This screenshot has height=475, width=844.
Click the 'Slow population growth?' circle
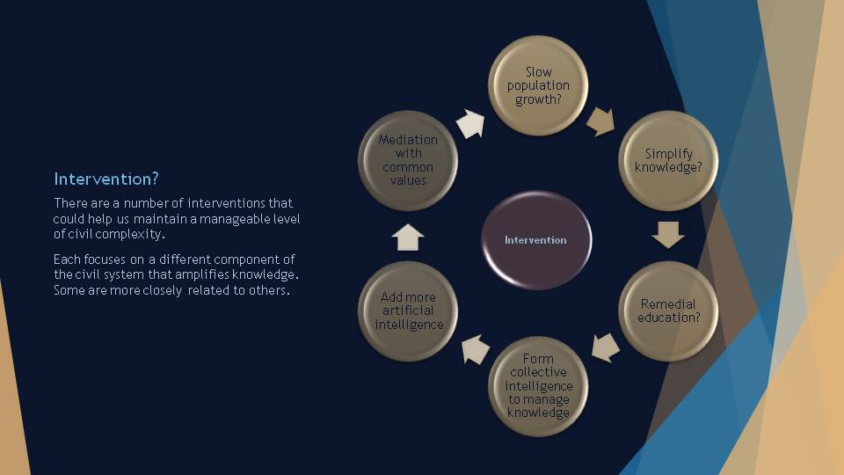[538, 85]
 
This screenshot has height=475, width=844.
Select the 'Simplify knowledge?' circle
[668, 160]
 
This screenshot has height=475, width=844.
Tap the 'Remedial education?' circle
[668, 311]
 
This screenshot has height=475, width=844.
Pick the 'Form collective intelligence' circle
[538, 386]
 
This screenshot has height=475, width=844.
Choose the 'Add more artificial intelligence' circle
[408, 311]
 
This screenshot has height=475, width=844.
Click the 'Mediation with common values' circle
[408, 160]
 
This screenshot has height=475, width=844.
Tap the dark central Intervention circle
[536, 240]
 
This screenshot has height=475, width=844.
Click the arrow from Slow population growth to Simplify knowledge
[600, 121]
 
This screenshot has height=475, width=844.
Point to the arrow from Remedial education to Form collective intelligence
[606, 347]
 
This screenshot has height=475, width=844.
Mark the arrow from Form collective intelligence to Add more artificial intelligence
[476, 349]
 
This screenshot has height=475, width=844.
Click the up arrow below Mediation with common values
[408, 237]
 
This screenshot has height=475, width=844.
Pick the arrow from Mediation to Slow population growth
[470, 124]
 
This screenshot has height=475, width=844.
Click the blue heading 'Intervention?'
[106, 179]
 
